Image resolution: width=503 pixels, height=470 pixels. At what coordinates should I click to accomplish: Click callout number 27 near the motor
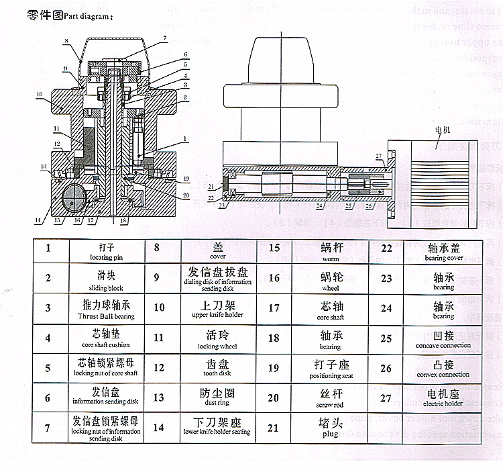click(379, 156)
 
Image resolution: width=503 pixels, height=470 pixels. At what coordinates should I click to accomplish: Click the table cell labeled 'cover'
click(217, 251)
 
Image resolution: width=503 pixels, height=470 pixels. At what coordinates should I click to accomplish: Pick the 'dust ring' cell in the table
click(217, 399)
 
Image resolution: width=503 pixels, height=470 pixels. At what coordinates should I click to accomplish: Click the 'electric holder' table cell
click(443, 399)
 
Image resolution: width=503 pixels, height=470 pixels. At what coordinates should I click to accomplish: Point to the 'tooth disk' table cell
click(217, 369)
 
